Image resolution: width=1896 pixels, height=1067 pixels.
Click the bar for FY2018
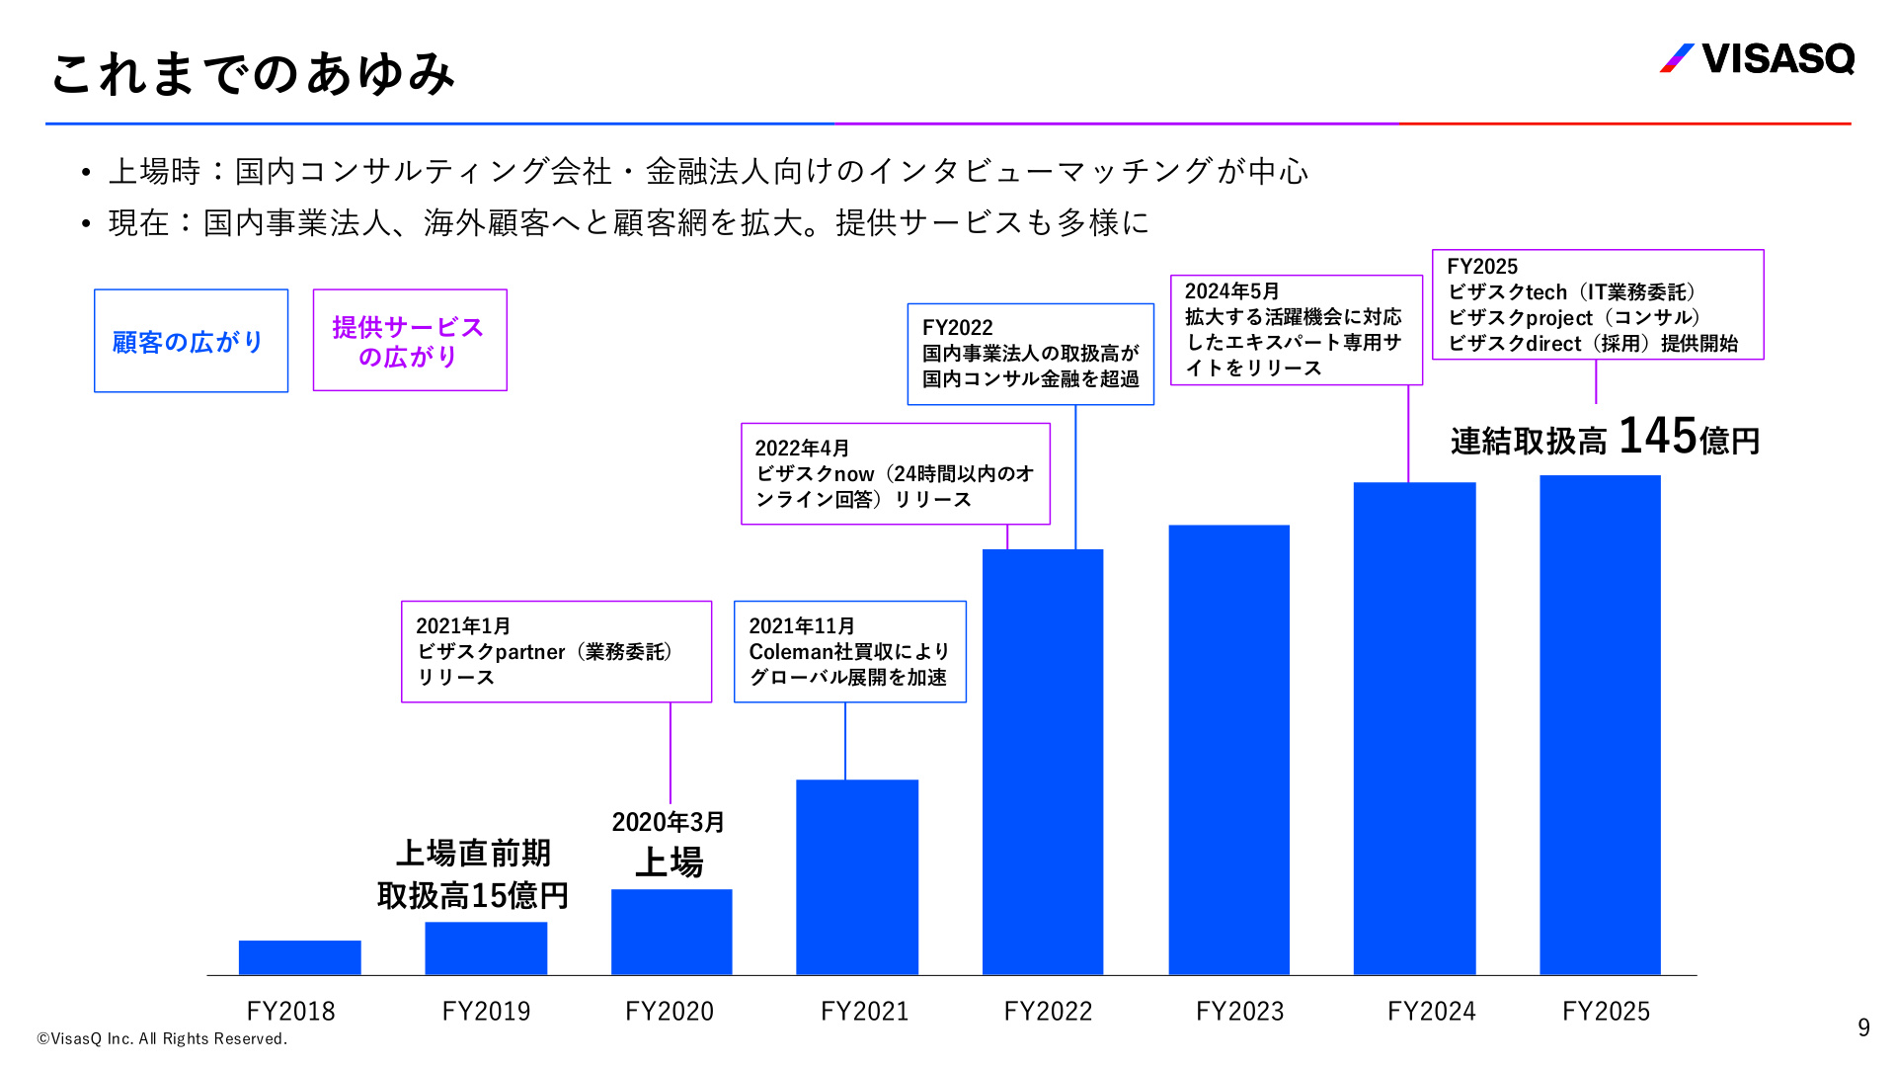(300, 957)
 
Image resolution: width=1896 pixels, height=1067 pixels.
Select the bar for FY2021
(857, 877)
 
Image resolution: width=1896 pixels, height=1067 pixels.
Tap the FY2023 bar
(1229, 750)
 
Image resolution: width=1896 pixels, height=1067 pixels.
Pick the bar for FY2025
(1601, 725)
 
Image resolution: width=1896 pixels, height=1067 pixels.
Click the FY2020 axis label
(670, 1011)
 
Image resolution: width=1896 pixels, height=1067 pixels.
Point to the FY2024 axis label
(1432, 1011)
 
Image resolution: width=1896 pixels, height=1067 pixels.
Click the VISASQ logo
(1758, 58)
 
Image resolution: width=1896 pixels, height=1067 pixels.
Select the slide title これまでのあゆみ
(253, 73)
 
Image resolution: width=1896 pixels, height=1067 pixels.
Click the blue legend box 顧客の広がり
(192, 341)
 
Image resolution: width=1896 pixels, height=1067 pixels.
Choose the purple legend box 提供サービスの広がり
(410, 340)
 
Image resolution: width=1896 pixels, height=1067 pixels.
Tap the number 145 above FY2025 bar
(1657, 436)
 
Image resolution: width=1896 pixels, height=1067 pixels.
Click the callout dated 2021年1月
(557, 652)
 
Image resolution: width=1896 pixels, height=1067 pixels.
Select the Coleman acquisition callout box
(850, 652)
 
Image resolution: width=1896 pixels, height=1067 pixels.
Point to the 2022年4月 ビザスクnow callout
(896, 474)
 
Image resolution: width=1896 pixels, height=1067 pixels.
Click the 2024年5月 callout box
(1297, 330)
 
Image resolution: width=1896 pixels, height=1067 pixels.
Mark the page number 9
(1863, 1027)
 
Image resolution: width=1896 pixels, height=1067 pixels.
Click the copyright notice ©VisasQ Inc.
(162, 1038)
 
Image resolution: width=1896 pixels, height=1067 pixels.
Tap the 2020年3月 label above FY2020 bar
(669, 822)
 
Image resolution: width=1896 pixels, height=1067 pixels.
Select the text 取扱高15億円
(473, 896)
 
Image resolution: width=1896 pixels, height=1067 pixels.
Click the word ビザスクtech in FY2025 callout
(1508, 292)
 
